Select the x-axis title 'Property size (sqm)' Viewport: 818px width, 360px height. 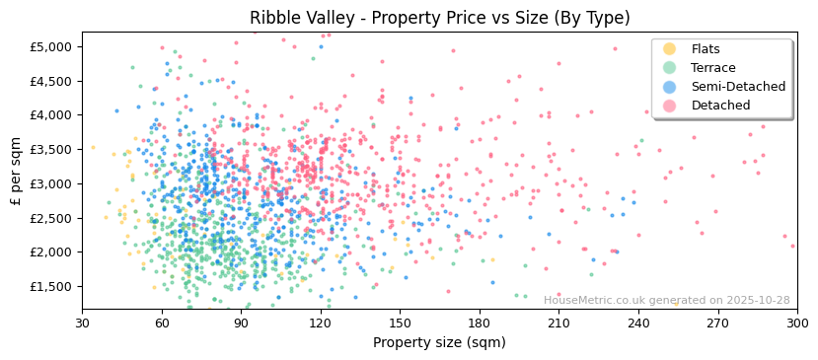coord(439,342)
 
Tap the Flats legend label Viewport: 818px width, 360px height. coord(706,49)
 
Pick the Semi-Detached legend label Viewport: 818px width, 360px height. coord(738,87)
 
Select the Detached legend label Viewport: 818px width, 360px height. coord(720,106)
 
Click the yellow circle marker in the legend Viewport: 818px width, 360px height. coord(670,49)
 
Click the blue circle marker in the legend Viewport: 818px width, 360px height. coord(670,87)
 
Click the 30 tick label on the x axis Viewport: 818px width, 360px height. coord(82,323)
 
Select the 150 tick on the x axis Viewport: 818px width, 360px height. coord(400,323)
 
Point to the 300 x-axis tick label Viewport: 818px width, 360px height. coord(796,323)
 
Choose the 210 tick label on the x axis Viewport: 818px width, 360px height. coord(558,323)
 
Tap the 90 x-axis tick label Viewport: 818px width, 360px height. coord(241,323)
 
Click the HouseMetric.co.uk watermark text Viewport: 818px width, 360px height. coord(666,300)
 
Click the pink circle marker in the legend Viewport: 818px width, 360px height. coord(670,106)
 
